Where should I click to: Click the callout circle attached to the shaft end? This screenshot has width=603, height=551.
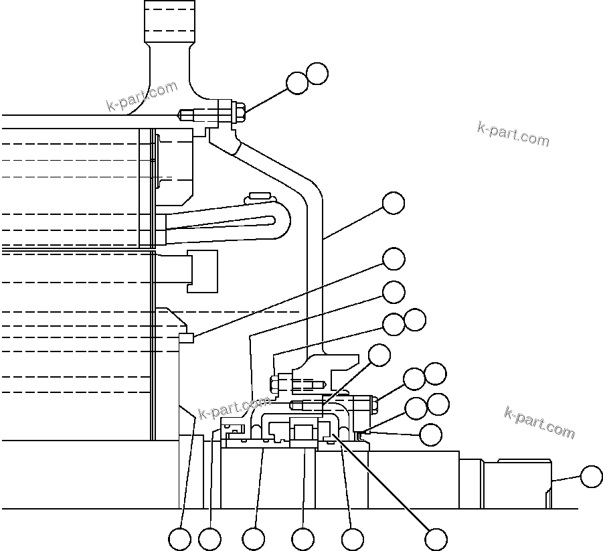[591, 477]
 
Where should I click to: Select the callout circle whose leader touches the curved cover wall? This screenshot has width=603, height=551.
[393, 204]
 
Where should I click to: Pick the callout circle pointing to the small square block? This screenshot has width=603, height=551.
[393, 259]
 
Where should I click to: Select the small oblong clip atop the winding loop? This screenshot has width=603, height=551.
[261, 196]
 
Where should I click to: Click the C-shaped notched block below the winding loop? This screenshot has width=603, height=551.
[203, 271]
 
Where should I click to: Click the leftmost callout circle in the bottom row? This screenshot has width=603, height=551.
[179, 539]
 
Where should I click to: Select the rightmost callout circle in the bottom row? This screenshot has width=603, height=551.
[436, 538]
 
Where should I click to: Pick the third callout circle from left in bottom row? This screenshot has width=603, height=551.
[254, 539]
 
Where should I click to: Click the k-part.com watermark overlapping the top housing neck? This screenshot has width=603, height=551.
[142, 96]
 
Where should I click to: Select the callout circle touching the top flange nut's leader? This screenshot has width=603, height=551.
[297, 83]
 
